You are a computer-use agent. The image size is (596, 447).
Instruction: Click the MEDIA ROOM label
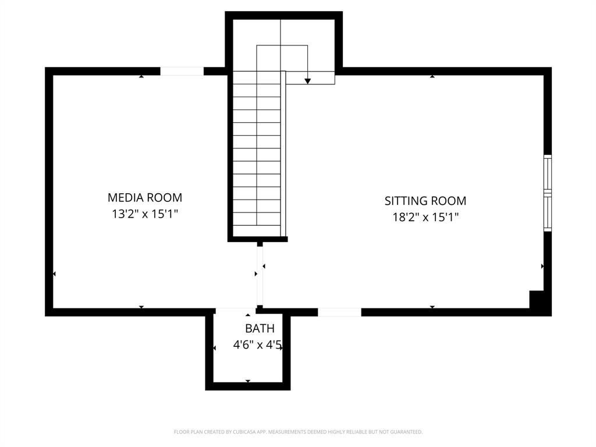pos(144,197)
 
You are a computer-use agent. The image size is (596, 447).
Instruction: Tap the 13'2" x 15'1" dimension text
pos(144,214)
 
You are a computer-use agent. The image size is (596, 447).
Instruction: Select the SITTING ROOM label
pos(425,201)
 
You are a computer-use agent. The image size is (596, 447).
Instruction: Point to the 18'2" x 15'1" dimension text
pos(425,218)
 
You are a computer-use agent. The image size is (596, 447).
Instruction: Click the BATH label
pos(260,329)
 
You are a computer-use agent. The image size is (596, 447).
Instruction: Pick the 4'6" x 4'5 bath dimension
pos(257,346)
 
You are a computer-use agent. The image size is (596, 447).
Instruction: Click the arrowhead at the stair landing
pos(308,81)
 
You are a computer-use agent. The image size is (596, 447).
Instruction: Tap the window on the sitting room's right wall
pos(547,193)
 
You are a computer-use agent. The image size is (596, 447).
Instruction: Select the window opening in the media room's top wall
pos(182,72)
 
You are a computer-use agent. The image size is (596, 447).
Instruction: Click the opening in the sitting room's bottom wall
pos(339,312)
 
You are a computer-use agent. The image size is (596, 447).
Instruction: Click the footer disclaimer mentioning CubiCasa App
pos(298,432)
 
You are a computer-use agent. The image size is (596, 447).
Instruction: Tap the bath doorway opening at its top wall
pos(235,311)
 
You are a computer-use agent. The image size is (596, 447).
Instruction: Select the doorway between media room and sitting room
pos(260,275)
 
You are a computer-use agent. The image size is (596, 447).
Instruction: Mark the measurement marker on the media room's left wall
pos(54,274)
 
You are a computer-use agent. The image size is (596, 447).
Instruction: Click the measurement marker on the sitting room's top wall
pos(432,76)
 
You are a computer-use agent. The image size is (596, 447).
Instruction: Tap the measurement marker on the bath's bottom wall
pos(248,381)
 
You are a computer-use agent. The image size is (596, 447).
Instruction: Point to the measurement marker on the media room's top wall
pos(141,76)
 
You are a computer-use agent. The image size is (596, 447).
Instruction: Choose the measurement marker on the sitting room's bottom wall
pos(432,307)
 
